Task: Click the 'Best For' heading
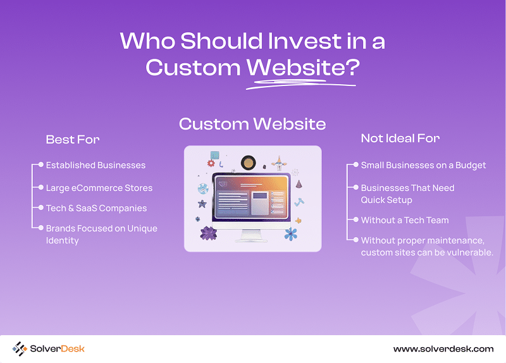click(x=73, y=139)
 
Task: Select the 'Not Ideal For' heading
click(x=400, y=138)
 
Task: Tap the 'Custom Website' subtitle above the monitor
click(x=252, y=124)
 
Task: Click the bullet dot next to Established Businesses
click(x=41, y=164)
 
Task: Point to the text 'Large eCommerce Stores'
click(x=99, y=188)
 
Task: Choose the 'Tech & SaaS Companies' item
click(x=96, y=208)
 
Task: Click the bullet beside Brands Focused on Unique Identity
click(x=41, y=228)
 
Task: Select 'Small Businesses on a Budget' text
click(x=423, y=165)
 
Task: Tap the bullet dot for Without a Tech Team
click(x=356, y=219)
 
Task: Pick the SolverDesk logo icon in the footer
click(x=20, y=349)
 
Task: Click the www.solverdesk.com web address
click(x=443, y=349)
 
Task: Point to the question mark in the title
click(x=354, y=67)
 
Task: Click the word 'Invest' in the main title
click(x=304, y=41)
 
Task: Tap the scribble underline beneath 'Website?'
click(x=301, y=84)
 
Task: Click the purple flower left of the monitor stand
click(x=209, y=233)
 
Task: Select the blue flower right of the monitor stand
click(x=291, y=234)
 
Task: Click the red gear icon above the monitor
click(x=211, y=163)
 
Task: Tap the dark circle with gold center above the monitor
click(x=248, y=163)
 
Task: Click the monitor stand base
click(x=251, y=240)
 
